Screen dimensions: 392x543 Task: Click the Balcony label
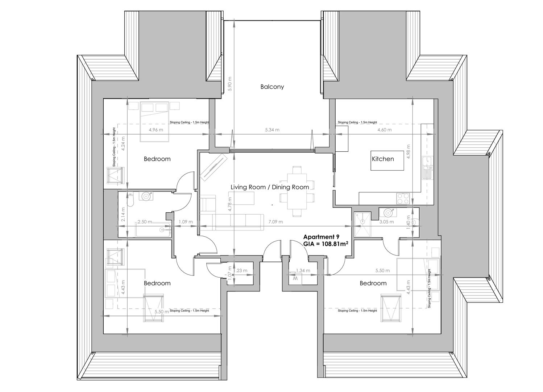coord(272,87)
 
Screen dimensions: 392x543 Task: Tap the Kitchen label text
coord(383,159)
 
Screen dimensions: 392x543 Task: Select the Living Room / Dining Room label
coord(270,187)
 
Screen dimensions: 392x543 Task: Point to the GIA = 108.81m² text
coord(326,244)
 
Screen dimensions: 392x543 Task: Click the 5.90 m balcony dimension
coord(229,84)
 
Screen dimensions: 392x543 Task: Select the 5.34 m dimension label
coord(272,130)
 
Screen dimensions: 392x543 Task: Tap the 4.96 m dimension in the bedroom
coord(156,130)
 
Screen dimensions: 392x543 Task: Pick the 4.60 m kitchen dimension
coord(384,130)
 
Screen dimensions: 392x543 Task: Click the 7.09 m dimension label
coord(275,222)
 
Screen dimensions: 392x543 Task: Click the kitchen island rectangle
coord(387,160)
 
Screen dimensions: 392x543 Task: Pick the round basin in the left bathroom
coord(146,196)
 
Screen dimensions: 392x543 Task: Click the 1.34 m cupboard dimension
coord(303,271)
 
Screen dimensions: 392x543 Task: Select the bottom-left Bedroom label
coord(157,283)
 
